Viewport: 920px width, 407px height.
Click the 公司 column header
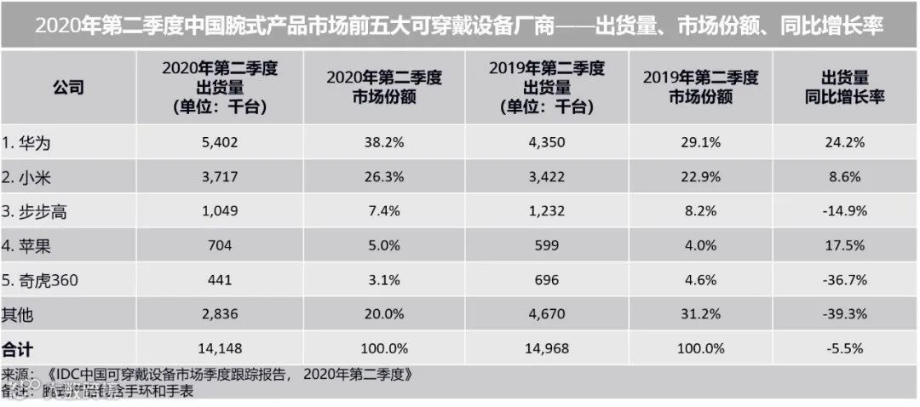[68, 88]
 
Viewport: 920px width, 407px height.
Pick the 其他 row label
[18, 314]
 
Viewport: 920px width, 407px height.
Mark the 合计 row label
[18, 348]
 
